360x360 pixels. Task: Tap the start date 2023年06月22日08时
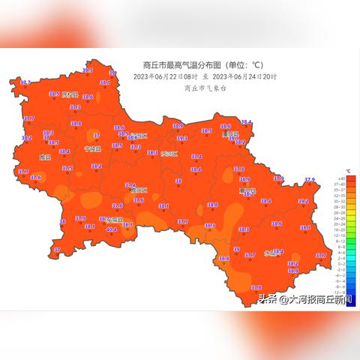pyautogui.click(x=166, y=76)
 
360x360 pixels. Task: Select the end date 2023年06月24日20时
pyautogui.click(x=245, y=76)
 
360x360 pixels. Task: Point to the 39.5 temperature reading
pyautogui.click(x=88, y=70)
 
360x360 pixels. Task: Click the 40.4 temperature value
pyautogui.click(x=111, y=229)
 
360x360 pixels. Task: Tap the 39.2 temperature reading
pyautogui.click(x=303, y=201)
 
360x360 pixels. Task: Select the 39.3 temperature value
pyautogui.click(x=181, y=138)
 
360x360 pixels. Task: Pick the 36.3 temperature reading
pyautogui.click(x=210, y=225)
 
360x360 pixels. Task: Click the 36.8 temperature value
pyautogui.click(x=223, y=258)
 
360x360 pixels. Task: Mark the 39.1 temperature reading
pyautogui.click(x=233, y=138)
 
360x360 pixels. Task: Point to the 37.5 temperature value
pyautogui.click(x=67, y=168)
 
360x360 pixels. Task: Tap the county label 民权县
pyautogui.click(x=70, y=95)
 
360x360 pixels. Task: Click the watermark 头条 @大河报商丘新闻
pyautogui.click(x=306, y=298)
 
